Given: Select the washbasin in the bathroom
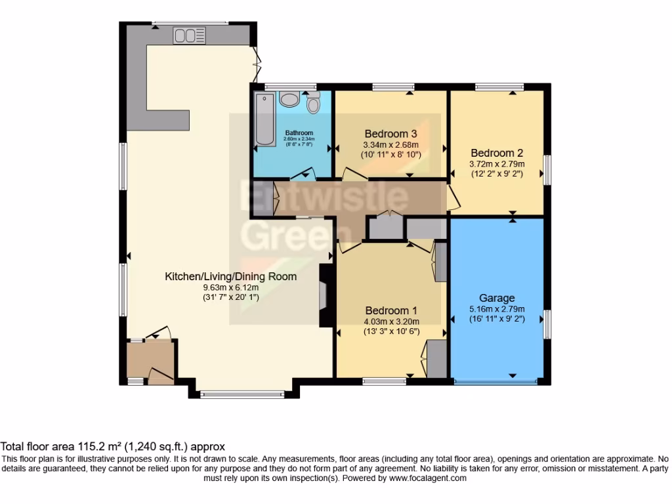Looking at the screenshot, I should click(289, 99).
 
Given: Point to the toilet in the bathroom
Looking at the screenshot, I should click(313, 102).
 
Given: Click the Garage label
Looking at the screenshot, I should click(497, 298).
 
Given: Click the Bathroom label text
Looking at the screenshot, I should click(299, 133).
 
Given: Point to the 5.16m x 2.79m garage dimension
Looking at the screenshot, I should click(497, 309).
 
